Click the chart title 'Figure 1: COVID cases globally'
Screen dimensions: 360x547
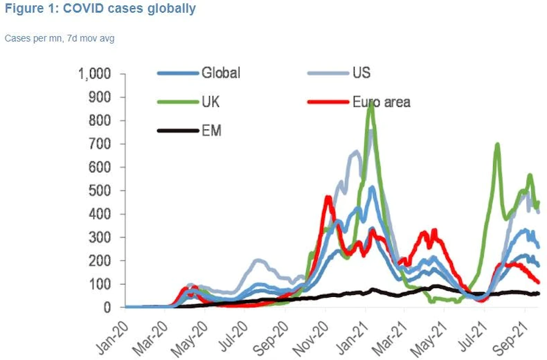[100, 9]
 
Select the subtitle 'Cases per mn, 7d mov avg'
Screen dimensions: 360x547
[60, 38]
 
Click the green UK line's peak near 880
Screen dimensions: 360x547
[371, 103]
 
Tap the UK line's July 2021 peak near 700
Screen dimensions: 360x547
[497, 145]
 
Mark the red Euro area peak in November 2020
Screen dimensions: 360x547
[327, 198]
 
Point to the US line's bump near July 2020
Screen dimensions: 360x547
[258, 260]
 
